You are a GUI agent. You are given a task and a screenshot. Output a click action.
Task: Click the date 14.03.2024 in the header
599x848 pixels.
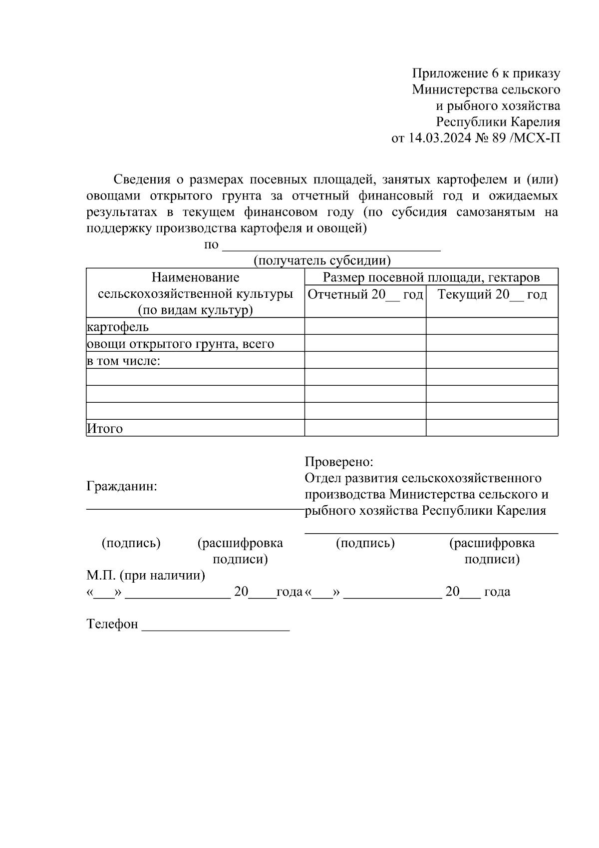pyautogui.click(x=440, y=138)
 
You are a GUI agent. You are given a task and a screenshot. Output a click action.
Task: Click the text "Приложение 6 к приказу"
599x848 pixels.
pyautogui.click(x=486, y=73)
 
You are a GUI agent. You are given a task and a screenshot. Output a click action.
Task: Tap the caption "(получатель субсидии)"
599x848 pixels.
pyautogui.click(x=322, y=260)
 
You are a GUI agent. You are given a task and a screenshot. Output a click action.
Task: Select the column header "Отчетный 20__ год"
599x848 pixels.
pyautogui.click(x=365, y=294)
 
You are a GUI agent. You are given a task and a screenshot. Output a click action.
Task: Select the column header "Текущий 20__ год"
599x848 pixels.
pyautogui.click(x=492, y=294)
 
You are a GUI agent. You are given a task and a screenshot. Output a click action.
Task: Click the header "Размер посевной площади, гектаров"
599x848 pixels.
pyautogui.click(x=431, y=277)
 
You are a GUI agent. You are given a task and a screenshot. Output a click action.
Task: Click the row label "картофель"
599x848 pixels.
pyautogui.click(x=118, y=327)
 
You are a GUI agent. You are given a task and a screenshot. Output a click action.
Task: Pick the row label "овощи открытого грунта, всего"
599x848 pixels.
pyautogui.click(x=180, y=344)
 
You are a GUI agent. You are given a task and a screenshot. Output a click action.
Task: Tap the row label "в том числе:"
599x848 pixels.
pyautogui.click(x=123, y=361)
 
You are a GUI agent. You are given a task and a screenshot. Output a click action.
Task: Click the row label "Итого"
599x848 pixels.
pyautogui.click(x=105, y=428)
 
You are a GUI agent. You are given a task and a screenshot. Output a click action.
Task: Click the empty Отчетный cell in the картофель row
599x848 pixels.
pyautogui.click(x=365, y=326)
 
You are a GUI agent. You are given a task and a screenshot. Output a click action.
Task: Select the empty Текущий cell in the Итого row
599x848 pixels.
pyautogui.click(x=492, y=428)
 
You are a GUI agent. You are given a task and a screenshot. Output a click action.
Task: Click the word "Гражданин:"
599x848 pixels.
pyautogui.click(x=122, y=486)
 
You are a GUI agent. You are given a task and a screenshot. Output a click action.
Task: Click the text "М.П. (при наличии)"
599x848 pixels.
pyautogui.click(x=146, y=575)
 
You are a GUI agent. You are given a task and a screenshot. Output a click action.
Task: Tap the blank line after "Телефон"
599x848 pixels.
pyautogui.click(x=216, y=627)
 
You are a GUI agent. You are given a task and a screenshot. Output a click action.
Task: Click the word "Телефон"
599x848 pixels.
pyautogui.click(x=112, y=624)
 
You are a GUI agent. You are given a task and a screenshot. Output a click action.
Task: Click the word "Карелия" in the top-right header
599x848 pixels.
pyautogui.click(x=535, y=122)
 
